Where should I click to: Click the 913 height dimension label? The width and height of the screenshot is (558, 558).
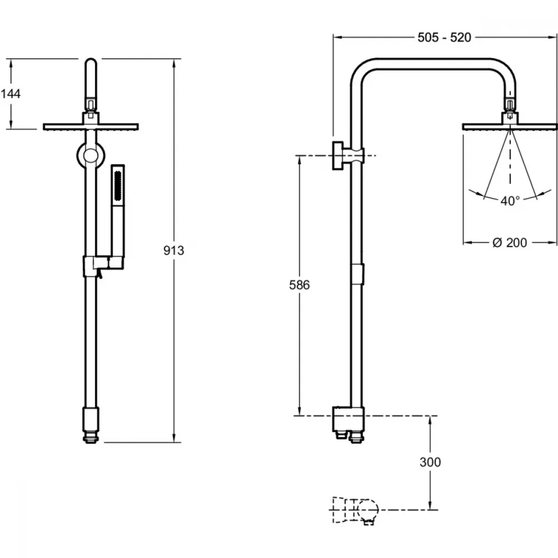click(x=174, y=251)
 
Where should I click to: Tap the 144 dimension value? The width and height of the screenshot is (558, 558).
click(x=10, y=94)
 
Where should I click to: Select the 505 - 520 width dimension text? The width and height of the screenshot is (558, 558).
click(x=444, y=37)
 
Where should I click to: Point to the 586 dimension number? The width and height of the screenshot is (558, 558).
click(x=299, y=285)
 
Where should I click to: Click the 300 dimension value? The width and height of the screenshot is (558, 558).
click(x=430, y=462)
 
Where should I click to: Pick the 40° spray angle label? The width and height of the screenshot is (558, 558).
click(x=510, y=201)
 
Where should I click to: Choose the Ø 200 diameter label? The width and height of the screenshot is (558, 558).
click(x=509, y=243)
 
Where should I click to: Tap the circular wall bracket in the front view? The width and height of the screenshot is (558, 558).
click(x=91, y=156)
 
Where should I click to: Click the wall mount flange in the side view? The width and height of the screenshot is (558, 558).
click(x=338, y=156)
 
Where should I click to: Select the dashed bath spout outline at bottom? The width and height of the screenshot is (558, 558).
click(x=355, y=511)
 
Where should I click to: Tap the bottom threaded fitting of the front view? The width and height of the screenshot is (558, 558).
click(x=91, y=437)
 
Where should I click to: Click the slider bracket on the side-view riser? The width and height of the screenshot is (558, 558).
click(x=357, y=275)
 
